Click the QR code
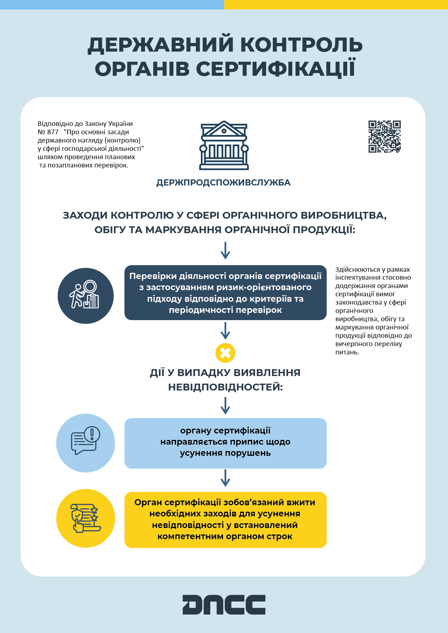384,136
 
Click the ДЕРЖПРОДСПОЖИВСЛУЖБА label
223,183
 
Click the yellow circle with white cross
225,353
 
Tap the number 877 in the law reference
52,132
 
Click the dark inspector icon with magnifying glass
86,296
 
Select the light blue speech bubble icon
86,443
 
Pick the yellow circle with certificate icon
86,518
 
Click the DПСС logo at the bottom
224,604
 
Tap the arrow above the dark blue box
225,250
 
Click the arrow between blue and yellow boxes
225,478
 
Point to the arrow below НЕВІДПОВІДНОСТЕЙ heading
225,406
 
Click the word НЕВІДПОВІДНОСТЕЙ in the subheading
225,387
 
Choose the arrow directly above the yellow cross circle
225,331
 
